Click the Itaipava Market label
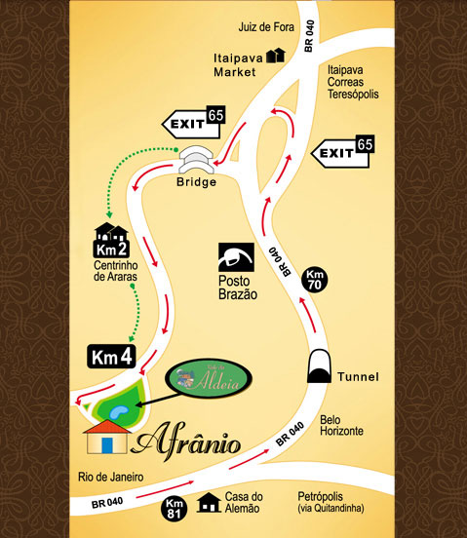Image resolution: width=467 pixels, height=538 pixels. click(235, 64)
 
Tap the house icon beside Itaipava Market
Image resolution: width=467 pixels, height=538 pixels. click(275, 56)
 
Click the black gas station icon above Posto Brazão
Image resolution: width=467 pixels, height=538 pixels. click(235, 255)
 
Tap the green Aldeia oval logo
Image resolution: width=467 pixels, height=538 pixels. click(208, 377)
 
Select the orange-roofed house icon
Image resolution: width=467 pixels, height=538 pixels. click(107, 437)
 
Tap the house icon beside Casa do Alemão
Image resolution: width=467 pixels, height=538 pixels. click(208, 503)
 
